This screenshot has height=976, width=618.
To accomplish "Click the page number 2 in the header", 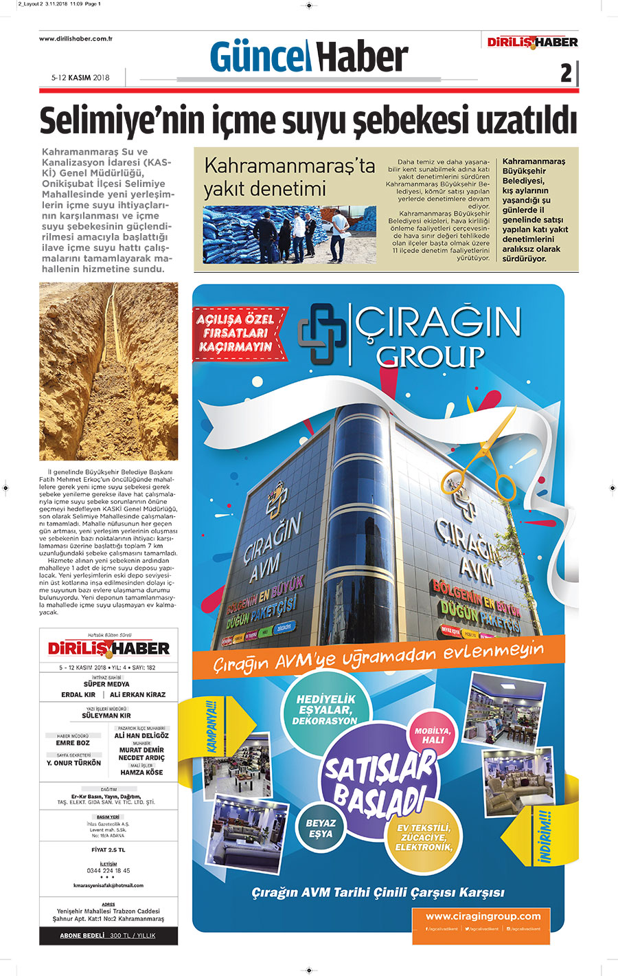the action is [x=566, y=73].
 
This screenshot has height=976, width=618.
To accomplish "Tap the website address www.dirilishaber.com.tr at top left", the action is [x=76, y=38].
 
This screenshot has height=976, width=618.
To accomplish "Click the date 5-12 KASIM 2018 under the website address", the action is [x=80, y=78].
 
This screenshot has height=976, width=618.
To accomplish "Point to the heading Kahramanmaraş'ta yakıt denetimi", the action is [x=289, y=177].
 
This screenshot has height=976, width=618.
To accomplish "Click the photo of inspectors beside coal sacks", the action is [x=289, y=234].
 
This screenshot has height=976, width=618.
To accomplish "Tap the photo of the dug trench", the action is [x=108, y=371].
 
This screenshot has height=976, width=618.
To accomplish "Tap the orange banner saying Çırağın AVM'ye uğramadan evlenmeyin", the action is [x=378, y=656].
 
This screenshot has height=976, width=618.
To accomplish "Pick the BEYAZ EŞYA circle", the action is [x=321, y=828].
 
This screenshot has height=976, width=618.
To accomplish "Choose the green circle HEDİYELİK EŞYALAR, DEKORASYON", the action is [x=325, y=709].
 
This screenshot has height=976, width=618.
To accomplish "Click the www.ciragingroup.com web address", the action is [x=483, y=916].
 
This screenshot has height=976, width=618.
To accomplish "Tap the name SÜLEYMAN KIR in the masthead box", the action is [x=106, y=716].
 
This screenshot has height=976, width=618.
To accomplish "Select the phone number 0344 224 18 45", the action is [x=108, y=870].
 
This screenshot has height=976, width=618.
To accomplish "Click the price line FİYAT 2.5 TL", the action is [x=108, y=850].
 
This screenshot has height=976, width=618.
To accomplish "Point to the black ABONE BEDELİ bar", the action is [x=108, y=935].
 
